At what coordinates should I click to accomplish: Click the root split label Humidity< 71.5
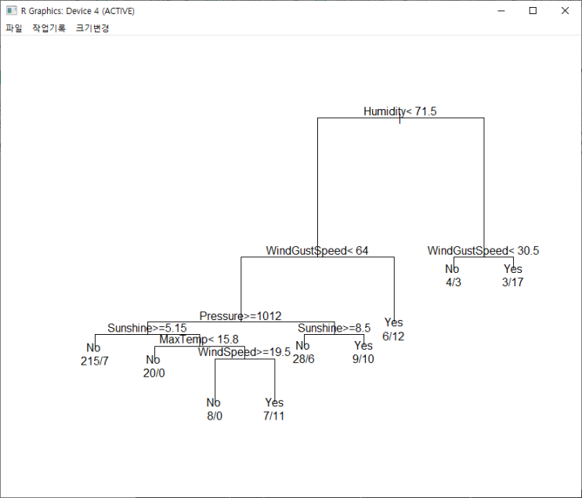(x=399, y=111)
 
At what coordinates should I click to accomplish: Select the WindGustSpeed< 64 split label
(x=316, y=251)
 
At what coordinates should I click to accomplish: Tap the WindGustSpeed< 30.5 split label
(x=483, y=251)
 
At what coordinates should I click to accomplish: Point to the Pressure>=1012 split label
(x=240, y=316)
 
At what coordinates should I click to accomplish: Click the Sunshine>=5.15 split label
(x=147, y=328)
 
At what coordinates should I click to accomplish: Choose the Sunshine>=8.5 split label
(x=334, y=328)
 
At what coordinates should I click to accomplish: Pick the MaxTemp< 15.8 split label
(x=199, y=340)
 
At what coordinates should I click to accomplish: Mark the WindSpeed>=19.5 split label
(x=244, y=352)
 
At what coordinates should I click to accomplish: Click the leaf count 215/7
(x=94, y=361)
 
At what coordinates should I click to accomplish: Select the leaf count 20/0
(x=154, y=373)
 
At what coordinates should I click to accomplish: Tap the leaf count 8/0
(x=215, y=416)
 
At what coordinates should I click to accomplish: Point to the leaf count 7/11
(x=274, y=416)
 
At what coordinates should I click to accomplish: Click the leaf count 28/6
(x=303, y=358)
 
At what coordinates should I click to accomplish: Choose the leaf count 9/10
(x=363, y=358)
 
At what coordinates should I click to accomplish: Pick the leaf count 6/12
(x=393, y=336)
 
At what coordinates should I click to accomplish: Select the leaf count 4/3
(x=453, y=282)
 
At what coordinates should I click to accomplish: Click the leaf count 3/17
(x=512, y=282)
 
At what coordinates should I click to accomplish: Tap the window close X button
(x=565, y=11)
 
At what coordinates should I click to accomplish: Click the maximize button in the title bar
(x=533, y=11)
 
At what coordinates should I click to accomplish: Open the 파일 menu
(x=14, y=28)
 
